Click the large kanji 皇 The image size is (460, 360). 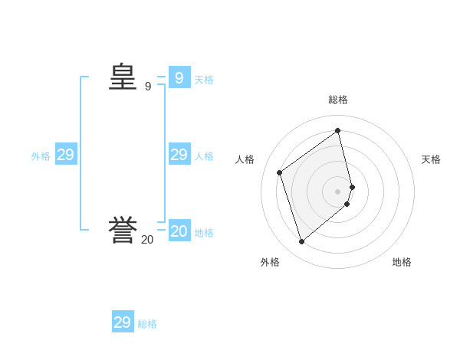coord(123,77)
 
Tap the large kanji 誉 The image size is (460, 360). coord(123,231)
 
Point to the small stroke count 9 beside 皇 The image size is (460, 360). coord(148,87)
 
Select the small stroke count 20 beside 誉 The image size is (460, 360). coord(147,240)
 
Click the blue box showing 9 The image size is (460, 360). coord(179,77)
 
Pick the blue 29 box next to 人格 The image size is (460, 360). coord(179,155)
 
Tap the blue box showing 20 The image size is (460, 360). coord(179,231)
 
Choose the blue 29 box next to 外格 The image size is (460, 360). coord(65,155)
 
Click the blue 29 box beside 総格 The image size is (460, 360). coord(123,322)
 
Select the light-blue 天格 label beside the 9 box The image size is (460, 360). coord(204,79)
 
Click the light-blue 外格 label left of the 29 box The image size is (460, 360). coord(41,155)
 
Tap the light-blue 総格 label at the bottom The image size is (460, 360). coord(147,324)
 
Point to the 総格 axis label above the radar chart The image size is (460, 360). coord(338,100)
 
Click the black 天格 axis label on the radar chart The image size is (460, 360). coord(431,159)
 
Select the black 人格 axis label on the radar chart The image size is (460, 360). coord(245,159)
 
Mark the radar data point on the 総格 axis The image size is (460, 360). coord(338,131)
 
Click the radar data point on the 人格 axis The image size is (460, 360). coord(280,172)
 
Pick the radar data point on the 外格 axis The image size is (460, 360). coord(302,241)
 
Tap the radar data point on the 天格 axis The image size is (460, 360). coord(352,186)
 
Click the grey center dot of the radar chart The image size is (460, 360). coord(338,191)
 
